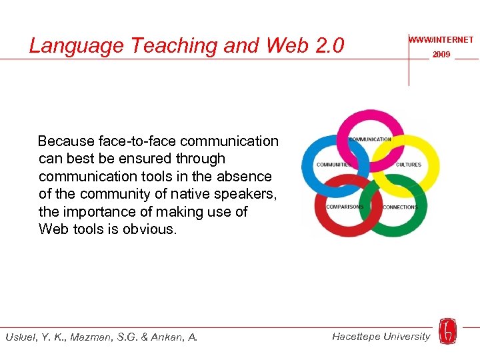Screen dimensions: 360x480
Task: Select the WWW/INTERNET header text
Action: pos(441,40)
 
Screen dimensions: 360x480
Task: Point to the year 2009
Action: pos(441,55)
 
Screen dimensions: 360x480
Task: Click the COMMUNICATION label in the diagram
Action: pos(370,139)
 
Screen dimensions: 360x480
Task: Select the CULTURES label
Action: pos(409,165)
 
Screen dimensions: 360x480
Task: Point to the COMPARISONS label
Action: pos(345,207)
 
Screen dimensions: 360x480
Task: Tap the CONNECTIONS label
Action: pos(400,207)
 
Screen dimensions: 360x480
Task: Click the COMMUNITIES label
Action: pos(333,165)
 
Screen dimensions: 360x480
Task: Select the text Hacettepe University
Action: pos(381,337)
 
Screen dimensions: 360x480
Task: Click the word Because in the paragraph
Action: pos(65,141)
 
